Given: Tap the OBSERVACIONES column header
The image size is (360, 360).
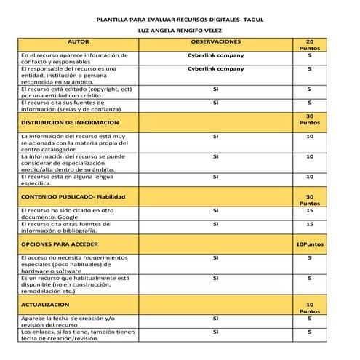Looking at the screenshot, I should [215, 43].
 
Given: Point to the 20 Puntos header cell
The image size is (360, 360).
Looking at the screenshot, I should [310, 45].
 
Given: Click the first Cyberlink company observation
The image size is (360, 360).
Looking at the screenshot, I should [215, 55].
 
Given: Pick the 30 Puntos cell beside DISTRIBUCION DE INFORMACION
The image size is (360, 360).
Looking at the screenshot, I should [310, 119].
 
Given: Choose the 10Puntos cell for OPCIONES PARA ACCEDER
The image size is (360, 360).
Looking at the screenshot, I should [310, 244].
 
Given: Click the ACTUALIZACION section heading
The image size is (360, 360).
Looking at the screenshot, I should [45, 305].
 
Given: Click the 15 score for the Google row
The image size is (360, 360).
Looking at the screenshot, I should [310, 210].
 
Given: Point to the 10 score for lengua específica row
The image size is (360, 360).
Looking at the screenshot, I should [310, 176].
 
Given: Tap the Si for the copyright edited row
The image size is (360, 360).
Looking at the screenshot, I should [215, 89].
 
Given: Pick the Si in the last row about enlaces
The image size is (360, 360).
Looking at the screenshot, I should [215, 332].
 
